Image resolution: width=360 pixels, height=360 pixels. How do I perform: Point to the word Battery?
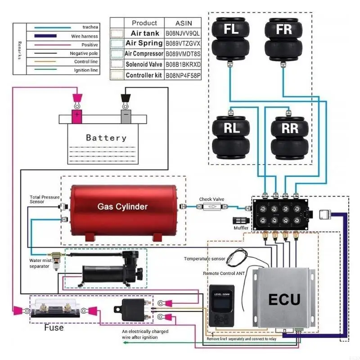pos(106,138)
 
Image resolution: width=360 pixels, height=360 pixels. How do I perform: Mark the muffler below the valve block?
pos(240,221)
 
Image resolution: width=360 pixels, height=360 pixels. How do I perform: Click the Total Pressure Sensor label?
pos(43,199)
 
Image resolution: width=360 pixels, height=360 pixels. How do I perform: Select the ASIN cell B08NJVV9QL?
pos(183,33)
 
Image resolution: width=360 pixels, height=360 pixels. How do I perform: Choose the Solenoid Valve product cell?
pos(144,64)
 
